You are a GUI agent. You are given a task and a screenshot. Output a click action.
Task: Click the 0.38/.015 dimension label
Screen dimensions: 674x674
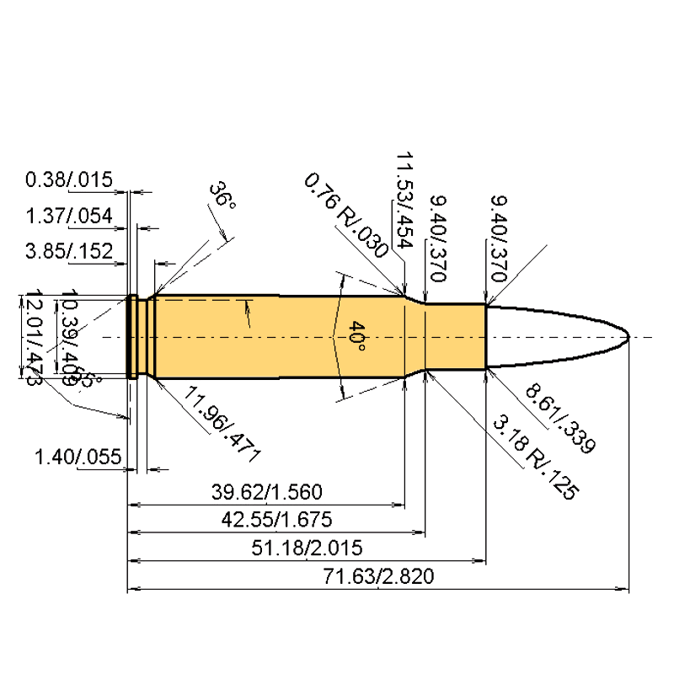69,180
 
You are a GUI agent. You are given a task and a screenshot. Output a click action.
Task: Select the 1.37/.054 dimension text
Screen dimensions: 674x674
69,217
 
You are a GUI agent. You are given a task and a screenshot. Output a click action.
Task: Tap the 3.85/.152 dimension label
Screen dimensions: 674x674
69,252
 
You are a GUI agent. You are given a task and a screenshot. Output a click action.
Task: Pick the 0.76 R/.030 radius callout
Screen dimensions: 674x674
345,216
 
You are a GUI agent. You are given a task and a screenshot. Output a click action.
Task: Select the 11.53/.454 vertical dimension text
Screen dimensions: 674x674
403,200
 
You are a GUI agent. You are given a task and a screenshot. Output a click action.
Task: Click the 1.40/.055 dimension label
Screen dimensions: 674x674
78,457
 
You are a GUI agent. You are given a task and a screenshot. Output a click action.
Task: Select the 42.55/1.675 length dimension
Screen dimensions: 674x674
277,519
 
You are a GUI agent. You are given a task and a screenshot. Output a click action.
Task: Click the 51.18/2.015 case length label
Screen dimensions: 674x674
307,548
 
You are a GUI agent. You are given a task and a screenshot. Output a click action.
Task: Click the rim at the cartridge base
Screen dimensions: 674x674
132,336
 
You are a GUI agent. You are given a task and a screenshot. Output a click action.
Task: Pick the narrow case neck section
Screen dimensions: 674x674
456,336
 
